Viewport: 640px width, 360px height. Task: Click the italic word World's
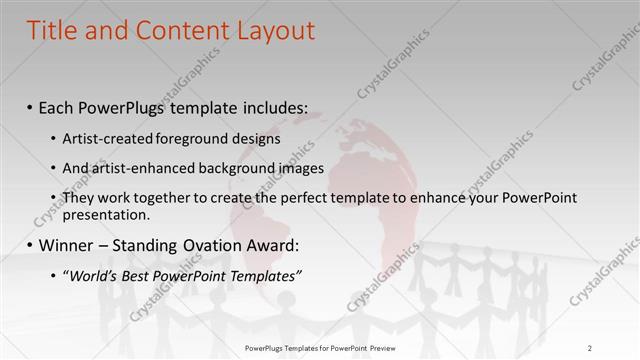click(x=92, y=275)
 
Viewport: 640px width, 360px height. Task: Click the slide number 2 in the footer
click(x=590, y=347)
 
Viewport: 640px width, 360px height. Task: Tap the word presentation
click(x=105, y=214)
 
